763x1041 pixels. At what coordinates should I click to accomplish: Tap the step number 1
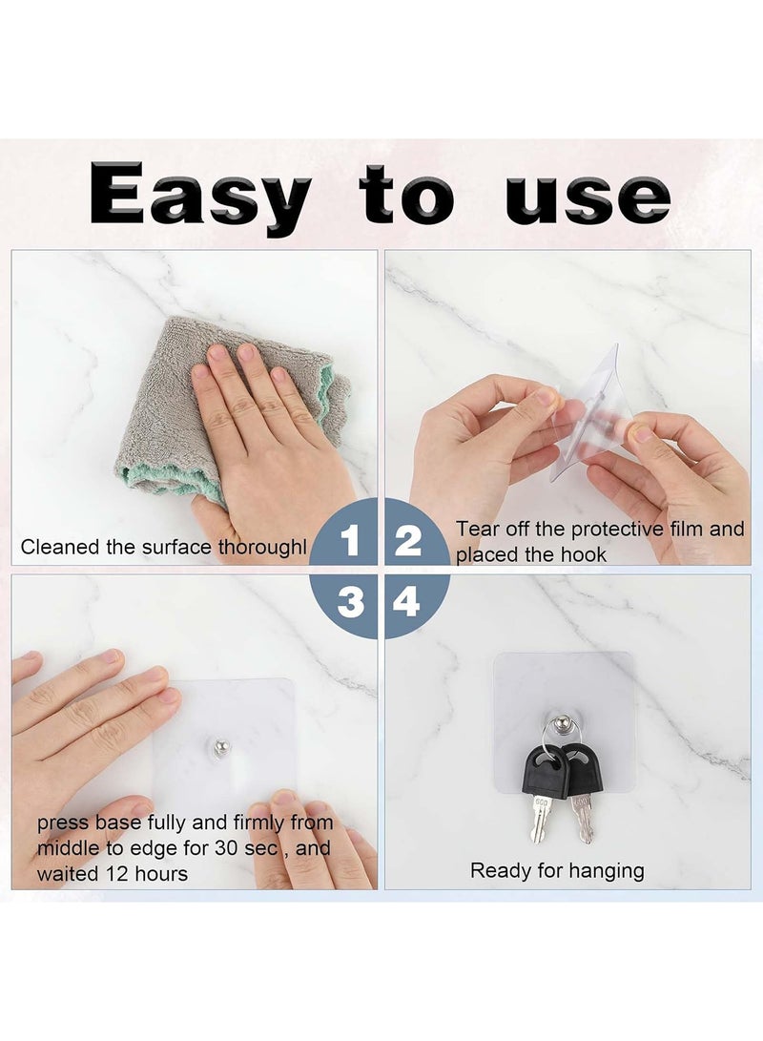pyautogui.click(x=350, y=541)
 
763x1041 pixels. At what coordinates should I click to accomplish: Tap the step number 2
pyautogui.click(x=408, y=541)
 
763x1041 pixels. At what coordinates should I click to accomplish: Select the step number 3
pyautogui.click(x=350, y=601)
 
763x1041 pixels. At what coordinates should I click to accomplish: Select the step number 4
pyautogui.click(x=407, y=601)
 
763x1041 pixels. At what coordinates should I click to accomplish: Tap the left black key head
pyautogui.click(x=541, y=769)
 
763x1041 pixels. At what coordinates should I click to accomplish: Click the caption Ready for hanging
pyautogui.click(x=557, y=870)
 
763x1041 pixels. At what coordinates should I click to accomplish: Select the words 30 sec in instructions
pyautogui.click(x=267, y=847)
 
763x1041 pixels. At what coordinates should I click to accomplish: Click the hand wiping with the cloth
pyautogui.click(x=262, y=420)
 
